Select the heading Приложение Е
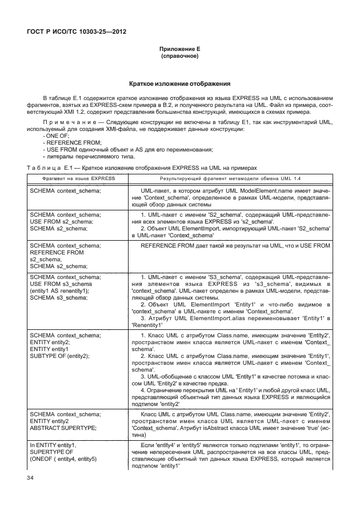[179, 50]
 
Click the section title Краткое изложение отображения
[179, 83]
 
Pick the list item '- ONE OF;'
[55, 136]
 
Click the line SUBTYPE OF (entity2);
[59, 356]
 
